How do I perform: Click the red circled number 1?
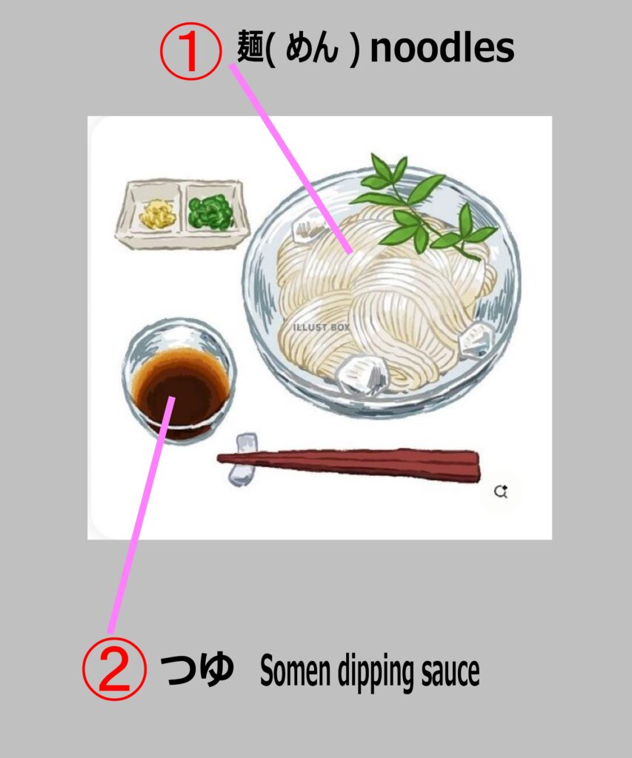pyautogui.click(x=190, y=51)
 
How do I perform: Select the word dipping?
pyautogui.click(x=376, y=672)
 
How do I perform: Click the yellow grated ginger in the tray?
pyautogui.click(x=158, y=214)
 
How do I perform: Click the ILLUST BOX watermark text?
pyautogui.click(x=322, y=327)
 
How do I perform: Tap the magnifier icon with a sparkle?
pyautogui.click(x=501, y=492)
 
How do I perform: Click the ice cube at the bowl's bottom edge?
pyautogui.click(x=362, y=374)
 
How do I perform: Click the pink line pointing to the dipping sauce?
pyautogui.click(x=142, y=514)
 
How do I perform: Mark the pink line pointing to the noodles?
pyautogui.click(x=291, y=159)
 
